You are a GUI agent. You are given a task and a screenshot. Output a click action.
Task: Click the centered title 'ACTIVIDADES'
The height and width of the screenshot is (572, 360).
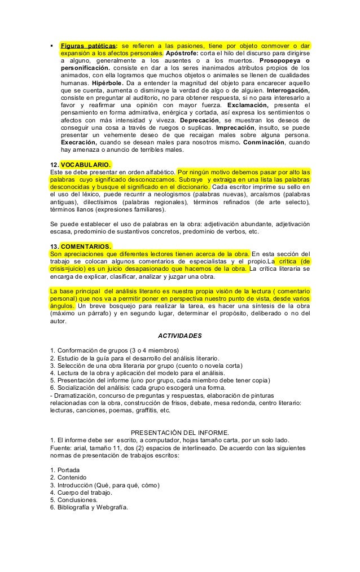coord(179,335)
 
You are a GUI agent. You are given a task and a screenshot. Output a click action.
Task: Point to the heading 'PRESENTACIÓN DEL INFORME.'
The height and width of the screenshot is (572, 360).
coord(179,432)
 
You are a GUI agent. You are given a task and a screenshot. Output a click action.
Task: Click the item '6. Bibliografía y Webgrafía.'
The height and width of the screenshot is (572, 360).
coord(89,507)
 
